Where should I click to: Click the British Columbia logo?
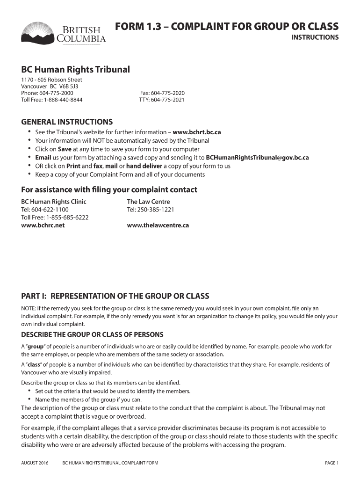coord(64,33)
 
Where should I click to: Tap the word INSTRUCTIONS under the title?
coord(315,37)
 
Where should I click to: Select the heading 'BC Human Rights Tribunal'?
coord(75,70)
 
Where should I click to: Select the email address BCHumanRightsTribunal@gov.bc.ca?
coord(257,158)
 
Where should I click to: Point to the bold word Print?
coord(72,166)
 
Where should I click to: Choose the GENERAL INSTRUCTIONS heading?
coord(67,122)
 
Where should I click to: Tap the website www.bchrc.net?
coord(43,225)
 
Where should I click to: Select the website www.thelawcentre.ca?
coord(158,225)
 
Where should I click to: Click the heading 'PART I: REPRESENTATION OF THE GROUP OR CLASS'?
coord(115,296)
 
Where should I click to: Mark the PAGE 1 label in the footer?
coord(331,463)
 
